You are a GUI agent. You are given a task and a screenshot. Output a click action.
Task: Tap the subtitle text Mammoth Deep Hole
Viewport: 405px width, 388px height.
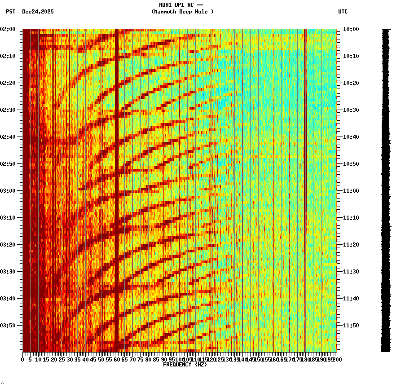[182, 12]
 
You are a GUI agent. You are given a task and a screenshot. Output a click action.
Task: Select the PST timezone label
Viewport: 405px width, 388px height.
[11, 12]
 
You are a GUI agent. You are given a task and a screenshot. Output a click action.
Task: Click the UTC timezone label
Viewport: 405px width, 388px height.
[343, 12]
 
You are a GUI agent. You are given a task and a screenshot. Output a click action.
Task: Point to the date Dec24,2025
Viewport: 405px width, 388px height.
[38, 12]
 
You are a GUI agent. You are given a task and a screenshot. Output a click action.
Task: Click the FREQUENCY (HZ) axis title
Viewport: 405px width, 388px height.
[185, 365]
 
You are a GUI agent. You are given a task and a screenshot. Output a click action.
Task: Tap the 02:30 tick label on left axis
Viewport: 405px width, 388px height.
[9, 110]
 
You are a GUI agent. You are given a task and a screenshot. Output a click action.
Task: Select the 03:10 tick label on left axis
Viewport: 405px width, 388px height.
[9, 218]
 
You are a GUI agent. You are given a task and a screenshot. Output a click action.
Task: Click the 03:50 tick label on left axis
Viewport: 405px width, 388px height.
[9, 326]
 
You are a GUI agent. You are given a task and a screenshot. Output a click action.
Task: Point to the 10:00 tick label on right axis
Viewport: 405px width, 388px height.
[351, 29]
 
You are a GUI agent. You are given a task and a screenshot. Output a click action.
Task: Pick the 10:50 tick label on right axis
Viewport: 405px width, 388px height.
[351, 164]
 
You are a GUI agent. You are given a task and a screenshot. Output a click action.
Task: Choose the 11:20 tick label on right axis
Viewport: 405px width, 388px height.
[351, 245]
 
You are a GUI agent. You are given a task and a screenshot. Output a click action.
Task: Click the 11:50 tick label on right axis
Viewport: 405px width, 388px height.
[351, 326]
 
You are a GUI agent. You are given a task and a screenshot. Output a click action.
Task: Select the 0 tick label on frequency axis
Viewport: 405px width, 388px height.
[23, 359]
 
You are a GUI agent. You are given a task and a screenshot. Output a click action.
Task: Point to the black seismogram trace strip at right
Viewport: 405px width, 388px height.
[386, 189]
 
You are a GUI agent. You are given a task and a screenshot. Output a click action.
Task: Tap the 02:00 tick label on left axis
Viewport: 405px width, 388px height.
[9, 29]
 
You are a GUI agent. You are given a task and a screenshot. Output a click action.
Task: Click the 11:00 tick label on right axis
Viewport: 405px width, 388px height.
[351, 191]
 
